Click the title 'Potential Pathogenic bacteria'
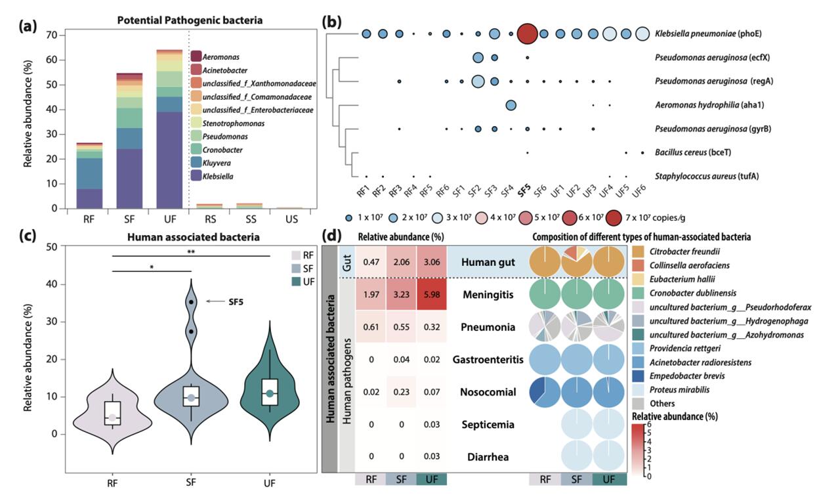pos(189,20)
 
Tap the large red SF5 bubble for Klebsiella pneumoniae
pos(527,33)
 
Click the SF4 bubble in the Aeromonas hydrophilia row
pos(511,105)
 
